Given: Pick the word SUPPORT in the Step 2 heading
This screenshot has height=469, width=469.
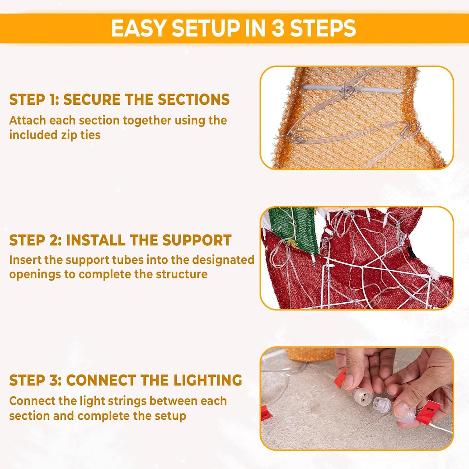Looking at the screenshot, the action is point(197,240).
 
